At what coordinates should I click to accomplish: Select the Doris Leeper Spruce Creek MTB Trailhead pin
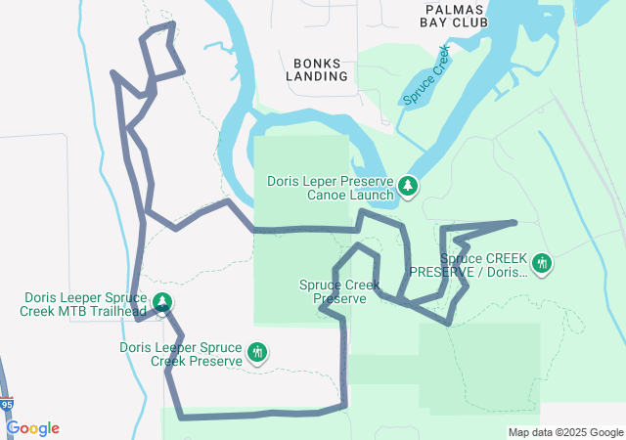tap(162, 302)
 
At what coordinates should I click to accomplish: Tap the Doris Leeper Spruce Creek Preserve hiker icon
tap(257, 352)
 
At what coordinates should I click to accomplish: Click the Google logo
tap(32, 428)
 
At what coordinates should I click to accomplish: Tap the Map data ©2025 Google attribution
tap(564, 432)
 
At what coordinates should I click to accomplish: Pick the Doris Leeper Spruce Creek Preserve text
tap(180, 354)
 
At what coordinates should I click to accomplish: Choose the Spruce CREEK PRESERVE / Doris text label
tap(469, 265)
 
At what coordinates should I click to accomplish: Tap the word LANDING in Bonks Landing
tap(318, 75)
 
